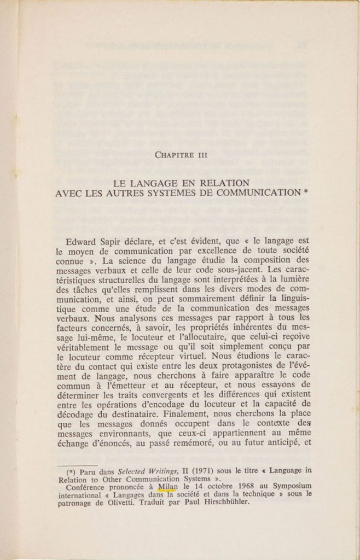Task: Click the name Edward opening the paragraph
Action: [x=82, y=241]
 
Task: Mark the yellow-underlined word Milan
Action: [x=167, y=486]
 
